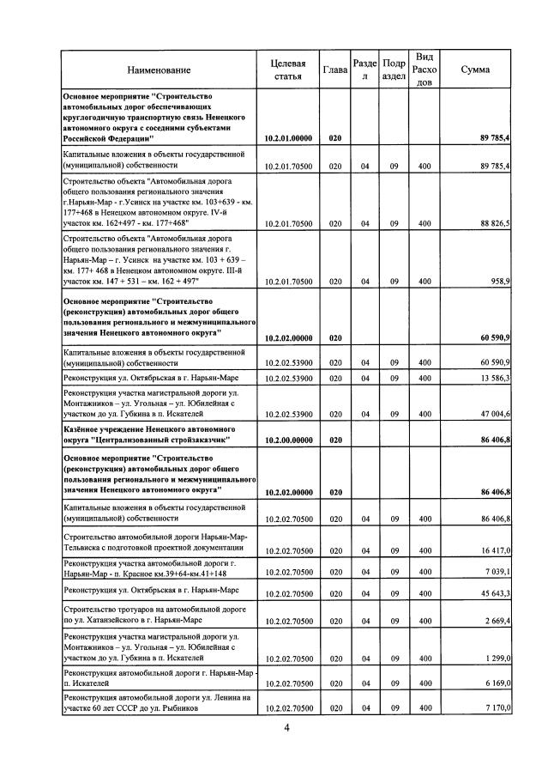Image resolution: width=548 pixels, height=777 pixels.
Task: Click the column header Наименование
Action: point(159,70)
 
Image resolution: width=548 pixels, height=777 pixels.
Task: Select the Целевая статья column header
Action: point(287,70)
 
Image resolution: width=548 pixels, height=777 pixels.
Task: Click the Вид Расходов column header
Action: point(424,70)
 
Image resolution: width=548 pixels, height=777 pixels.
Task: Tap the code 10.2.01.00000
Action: point(288,137)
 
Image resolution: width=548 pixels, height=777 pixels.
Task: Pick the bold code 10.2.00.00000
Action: point(288,439)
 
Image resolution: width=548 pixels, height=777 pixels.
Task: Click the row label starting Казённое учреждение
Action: point(150,433)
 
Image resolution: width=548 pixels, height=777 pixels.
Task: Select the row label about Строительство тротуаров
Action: point(150,614)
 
